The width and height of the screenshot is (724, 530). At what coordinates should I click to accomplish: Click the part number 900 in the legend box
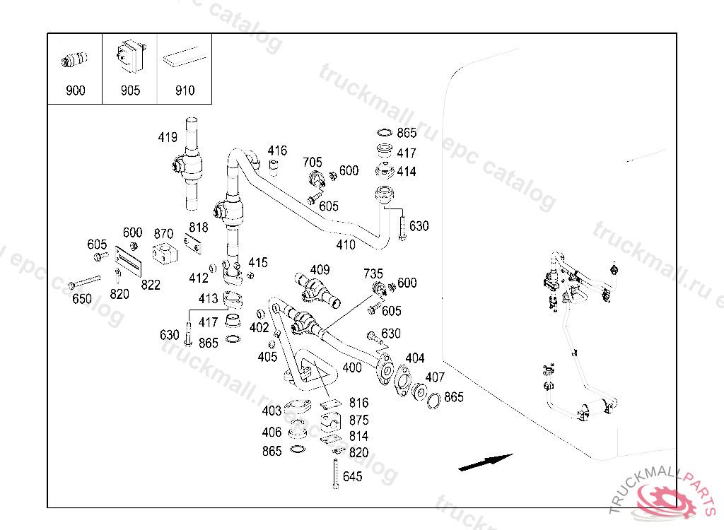coord(75,90)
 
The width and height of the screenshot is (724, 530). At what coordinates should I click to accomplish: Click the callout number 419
coord(168,137)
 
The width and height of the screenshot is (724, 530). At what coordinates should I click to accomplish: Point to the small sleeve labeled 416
coord(275,167)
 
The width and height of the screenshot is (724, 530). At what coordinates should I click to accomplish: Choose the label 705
coord(313,163)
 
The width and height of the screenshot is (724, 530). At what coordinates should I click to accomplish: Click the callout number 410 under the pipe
coord(346,245)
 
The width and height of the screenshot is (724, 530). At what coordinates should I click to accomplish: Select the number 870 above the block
coord(163,234)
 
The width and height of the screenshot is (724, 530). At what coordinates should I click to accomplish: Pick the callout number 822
coord(150,285)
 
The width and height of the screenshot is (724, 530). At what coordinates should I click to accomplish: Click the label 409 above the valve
coord(320,269)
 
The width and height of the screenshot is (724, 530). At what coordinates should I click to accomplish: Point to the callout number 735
coord(373,273)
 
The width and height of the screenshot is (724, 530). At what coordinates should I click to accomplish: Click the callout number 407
coord(435,377)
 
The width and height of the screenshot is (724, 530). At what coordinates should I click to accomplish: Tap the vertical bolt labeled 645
coord(334,473)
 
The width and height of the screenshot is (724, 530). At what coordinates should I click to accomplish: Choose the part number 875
coord(358,420)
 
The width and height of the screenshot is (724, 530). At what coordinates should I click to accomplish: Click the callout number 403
coord(271,411)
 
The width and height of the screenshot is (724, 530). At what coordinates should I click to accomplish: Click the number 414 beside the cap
coord(407,172)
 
